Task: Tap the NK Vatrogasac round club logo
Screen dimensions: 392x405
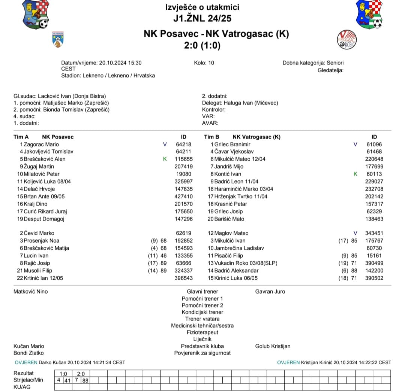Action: [x=347, y=39]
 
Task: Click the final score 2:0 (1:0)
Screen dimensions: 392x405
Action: [x=202, y=45]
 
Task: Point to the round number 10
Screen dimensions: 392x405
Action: [x=211, y=63]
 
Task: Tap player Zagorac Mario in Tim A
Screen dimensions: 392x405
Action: [x=41, y=144]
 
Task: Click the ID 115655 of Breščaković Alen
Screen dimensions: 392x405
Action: [x=184, y=159]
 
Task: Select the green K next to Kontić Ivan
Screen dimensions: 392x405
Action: [x=355, y=174]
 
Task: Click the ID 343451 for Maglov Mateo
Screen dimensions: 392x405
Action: [x=375, y=233]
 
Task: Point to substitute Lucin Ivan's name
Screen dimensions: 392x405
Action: [x=36, y=255]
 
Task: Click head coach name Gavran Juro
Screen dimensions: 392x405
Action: [x=270, y=291]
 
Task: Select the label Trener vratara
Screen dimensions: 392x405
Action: [x=202, y=319]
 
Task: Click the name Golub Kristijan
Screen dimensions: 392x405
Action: [x=273, y=346]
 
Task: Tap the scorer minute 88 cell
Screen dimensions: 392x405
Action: [x=85, y=380]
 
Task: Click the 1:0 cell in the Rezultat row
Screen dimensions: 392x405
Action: [x=63, y=373]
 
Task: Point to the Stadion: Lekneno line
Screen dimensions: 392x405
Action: [x=108, y=75]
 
